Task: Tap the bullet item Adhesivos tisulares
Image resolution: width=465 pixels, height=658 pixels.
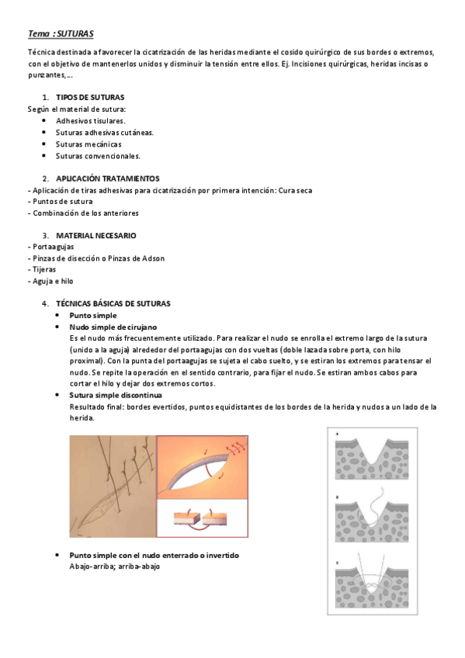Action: pos(88,121)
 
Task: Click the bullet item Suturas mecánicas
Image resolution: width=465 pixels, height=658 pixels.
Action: pos(88,144)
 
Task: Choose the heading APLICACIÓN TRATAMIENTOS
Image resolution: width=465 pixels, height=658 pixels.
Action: pos(108,178)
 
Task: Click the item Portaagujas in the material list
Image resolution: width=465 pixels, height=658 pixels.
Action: pos(53,247)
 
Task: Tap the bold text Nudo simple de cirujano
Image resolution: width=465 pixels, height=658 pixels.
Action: pos(113,327)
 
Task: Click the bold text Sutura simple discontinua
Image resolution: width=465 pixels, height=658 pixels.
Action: pos(116,395)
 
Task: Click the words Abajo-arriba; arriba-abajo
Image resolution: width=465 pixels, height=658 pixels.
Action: pos(115,566)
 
